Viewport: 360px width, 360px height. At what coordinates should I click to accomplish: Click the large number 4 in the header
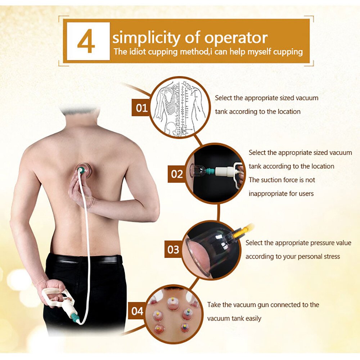coord(86,41)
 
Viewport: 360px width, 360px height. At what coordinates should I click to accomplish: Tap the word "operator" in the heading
coord(236,38)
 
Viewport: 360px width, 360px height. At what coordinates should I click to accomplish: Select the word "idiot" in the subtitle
coord(138,51)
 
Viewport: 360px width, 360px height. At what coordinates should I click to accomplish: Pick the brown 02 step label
coord(177,174)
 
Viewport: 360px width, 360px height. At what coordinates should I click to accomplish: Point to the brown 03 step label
coord(174,249)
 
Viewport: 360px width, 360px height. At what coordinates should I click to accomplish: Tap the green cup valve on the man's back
coord(81,170)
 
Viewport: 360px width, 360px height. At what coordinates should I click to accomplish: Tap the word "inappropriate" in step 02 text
coord(268,194)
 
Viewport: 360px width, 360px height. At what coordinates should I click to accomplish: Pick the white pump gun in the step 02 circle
coord(229,171)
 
